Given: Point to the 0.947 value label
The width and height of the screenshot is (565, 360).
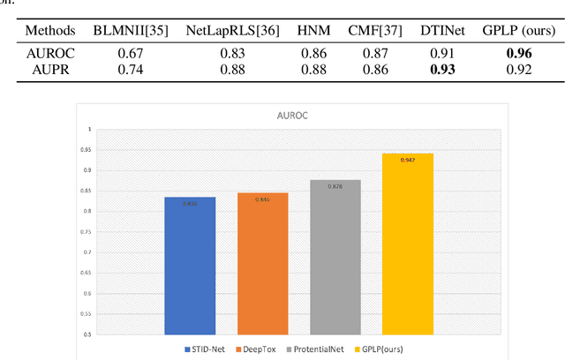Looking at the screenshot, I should point(408,159).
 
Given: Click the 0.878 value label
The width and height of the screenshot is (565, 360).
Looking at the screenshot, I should point(335,187).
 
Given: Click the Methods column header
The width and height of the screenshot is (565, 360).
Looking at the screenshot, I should point(42,30).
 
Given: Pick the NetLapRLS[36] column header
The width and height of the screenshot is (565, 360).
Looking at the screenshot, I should point(233,30).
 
